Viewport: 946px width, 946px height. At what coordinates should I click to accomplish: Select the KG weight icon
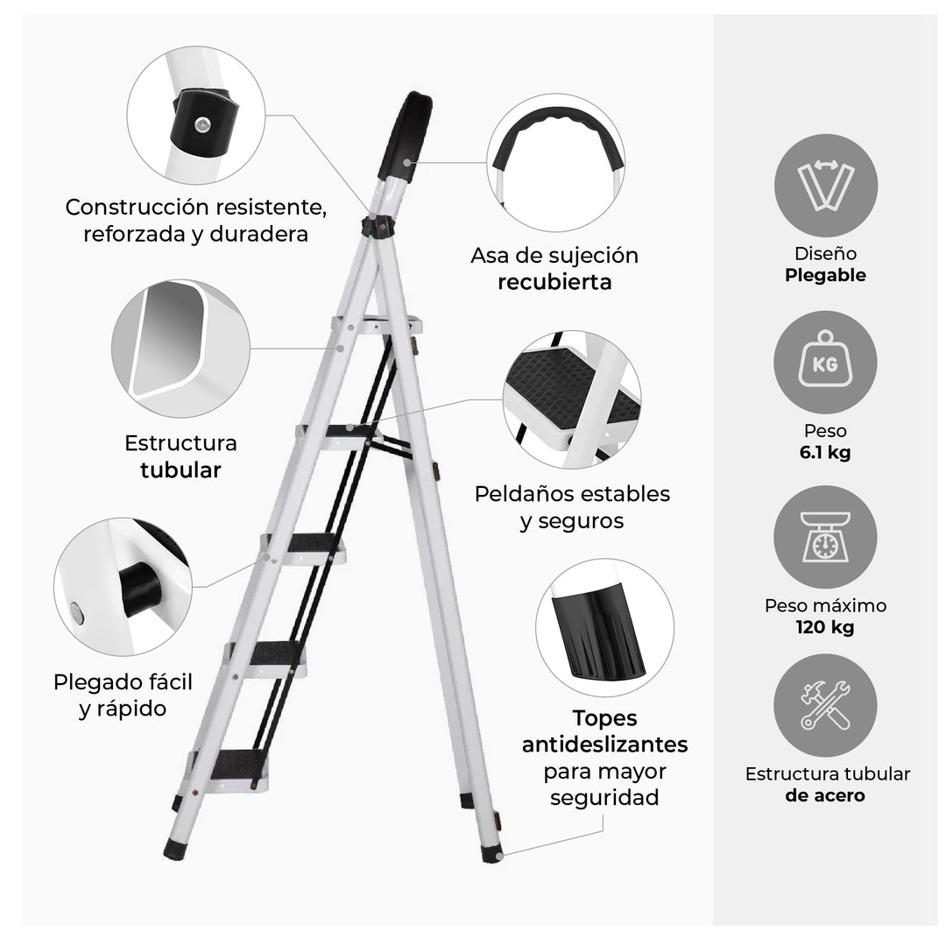(x=825, y=361)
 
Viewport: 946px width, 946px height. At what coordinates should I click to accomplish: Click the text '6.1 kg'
(x=825, y=453)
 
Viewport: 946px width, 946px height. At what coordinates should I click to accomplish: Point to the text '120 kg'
(x=825, y=627)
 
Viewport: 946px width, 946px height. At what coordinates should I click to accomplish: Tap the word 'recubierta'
(x=554, y=282)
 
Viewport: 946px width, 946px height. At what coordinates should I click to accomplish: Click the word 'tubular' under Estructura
(x=180, y=469)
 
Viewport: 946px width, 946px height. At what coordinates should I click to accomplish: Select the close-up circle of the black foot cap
(x=604, y=627)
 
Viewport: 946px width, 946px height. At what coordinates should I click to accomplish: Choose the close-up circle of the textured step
(x=571, y=399)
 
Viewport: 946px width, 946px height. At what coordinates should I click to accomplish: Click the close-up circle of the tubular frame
(x=180, y=348)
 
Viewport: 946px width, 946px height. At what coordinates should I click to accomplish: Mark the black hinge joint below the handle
(x=378, y=224)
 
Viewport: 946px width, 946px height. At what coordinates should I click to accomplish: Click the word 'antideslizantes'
(x=604, y=745)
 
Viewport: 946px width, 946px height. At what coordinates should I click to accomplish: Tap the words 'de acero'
(x=825, y=795)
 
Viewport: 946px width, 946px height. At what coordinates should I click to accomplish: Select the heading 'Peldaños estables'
(x=572, y=493)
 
